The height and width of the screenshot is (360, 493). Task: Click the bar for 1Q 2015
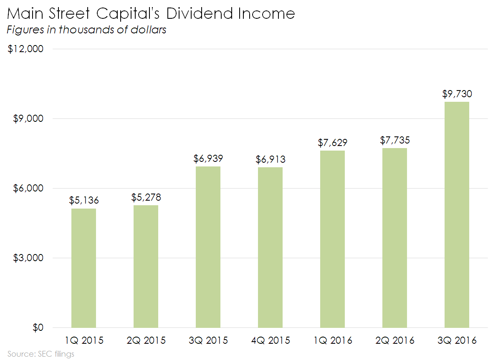pos(83,268)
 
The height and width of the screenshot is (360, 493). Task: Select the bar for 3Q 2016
pos(457,214)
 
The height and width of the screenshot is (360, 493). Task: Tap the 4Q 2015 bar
pos(270,247)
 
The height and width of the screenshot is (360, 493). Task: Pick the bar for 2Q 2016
pos(394,238)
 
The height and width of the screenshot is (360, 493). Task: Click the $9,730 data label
pos(457,94)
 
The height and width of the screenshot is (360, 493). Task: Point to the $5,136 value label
pos(84,201)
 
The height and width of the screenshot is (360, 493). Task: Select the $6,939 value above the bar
pos(208,159)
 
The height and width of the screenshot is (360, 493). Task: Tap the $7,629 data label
pos(332,143)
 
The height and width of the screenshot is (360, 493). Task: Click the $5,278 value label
pos(146,197)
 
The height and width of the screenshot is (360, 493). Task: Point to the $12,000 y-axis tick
pos(26,49)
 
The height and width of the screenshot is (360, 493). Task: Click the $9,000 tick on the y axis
pos(28,119)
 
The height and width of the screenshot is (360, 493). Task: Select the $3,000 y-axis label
pos(28,258)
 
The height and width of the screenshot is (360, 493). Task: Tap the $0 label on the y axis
pos(38,328)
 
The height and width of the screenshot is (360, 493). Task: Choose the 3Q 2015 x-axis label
pos(208,340)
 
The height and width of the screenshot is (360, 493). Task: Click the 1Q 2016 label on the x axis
pos(332,340)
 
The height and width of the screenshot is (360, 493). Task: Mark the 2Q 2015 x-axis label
pos(146,340)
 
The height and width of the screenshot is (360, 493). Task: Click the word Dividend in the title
pos(199,14)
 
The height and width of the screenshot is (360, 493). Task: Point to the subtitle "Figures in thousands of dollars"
pos(87,30)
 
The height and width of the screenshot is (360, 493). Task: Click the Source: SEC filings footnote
pos(40,354)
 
